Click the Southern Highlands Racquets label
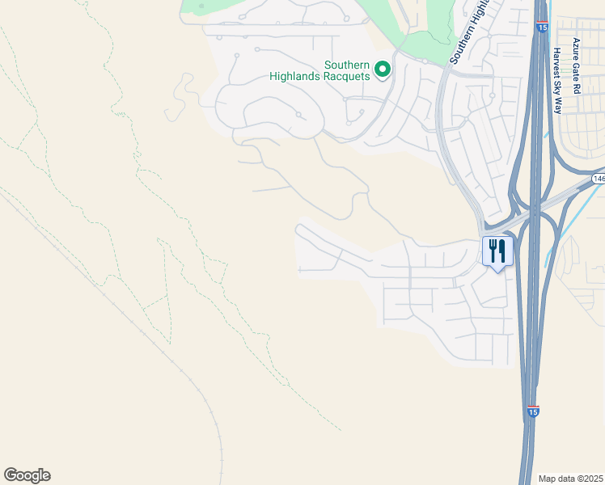pyautogui.click(x=347, y=70)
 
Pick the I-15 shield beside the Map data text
pyautogui.click(x=532, y=411)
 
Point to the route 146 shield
pyautogui.click(x=598, y=178)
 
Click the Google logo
pyautogui.click(x=27, y=475)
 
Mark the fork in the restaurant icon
pyautogui.click(x=492, y=250)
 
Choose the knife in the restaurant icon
pyautogui.click(x=502, y=250)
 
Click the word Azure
pyautogui.click(x=577, y=48)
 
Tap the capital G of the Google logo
pyautogui.click(x=11, y=475)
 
